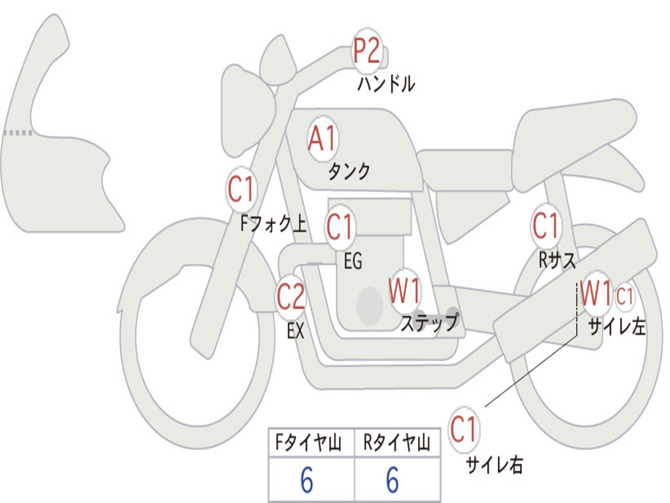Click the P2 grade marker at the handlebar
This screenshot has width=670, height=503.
367,50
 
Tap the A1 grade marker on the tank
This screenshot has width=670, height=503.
322,139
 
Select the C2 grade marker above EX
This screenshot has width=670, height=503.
291,297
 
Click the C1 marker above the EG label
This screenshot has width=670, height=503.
340,227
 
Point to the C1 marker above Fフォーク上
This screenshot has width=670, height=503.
241,190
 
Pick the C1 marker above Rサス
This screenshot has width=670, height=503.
546,227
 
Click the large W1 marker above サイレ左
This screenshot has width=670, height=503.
596,293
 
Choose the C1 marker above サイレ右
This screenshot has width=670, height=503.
464,430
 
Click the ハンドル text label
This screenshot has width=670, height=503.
386,84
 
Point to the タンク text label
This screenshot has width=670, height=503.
349,172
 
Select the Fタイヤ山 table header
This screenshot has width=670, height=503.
309,444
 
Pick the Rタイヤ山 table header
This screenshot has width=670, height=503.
397,444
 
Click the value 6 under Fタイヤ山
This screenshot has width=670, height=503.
306,481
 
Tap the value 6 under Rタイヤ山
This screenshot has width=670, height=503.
392,481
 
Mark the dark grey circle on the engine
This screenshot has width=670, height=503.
370,305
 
